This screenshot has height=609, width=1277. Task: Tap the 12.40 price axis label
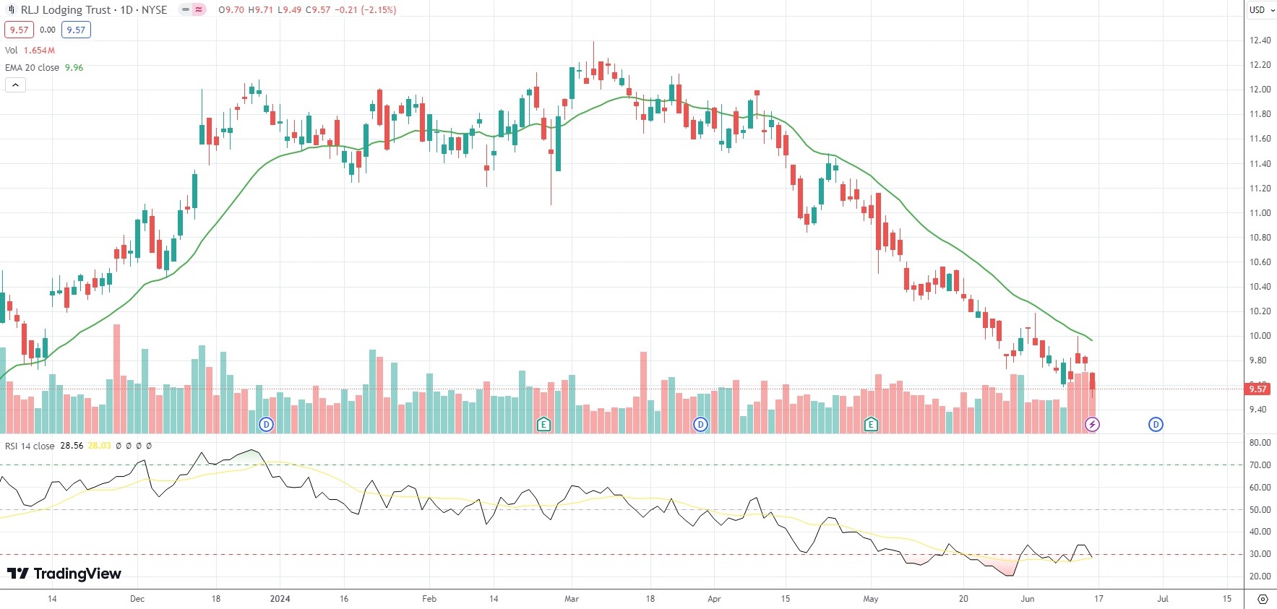(x=1260, y=40)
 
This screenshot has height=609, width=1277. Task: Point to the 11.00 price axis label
(x=1260, y=213)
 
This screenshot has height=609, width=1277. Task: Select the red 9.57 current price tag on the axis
(x=1257, y=389)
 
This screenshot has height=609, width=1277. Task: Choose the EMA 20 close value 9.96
(x=74, y=68)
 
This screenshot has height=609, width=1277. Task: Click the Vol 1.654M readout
(x=30, y=51)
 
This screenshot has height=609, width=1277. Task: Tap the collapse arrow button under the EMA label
(x=15, y=85)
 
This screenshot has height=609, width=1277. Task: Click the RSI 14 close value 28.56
(x=72, y=446)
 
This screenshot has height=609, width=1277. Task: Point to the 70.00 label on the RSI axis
(x=1260, y=465)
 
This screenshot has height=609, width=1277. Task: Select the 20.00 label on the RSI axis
(x=1260, y=576)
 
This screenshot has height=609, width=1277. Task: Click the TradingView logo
(x=64, y=574)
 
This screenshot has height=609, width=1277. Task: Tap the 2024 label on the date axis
(x=280, y=599)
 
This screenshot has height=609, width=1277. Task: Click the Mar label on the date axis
(x=572, y=599)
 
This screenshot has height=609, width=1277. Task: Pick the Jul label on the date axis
(x=1163, y=599)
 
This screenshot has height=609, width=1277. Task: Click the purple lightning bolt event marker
(x=1092, y=425)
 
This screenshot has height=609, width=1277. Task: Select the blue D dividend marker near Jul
(x=1156, y=425)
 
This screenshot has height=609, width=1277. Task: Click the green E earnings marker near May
(x=871, y=425)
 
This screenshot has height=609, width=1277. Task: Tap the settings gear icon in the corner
(x=1263, y=599)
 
